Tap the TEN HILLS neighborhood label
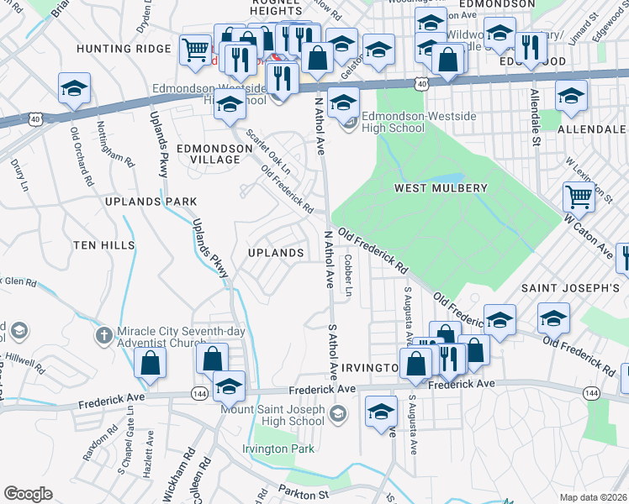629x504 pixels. pos(103,245)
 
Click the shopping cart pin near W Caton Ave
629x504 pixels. pos(579,198)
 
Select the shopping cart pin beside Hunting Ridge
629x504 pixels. pos(195,50)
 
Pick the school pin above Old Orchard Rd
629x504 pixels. pos(75,88)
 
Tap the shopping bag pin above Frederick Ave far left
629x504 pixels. pos(150,363)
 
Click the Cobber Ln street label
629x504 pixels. pos(347,275)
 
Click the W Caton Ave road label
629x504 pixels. pos(589,236)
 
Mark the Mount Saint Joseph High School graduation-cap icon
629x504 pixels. pos(337,412)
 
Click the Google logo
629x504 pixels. pos(27,494)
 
